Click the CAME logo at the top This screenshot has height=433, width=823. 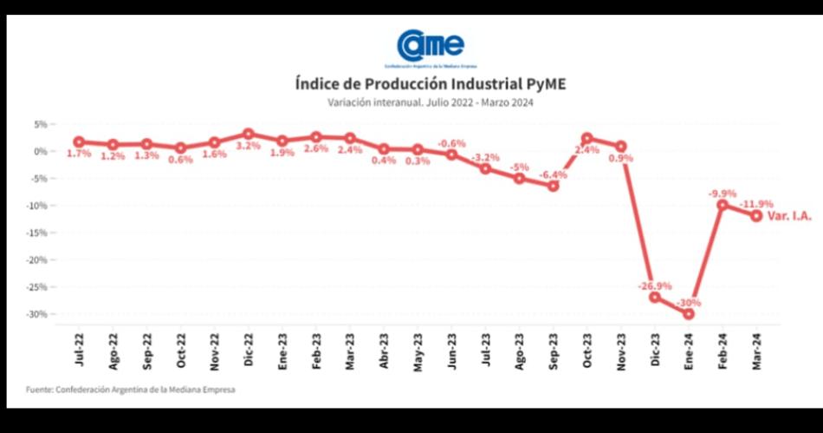[x=431, y=45]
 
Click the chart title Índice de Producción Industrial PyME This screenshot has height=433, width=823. [x=431, y=84]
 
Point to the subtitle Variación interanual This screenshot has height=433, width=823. [x=431, y=102]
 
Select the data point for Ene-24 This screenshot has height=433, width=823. [x=689, y=313]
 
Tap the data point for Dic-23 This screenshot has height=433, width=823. [x=655, y=297]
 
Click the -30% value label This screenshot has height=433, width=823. [x=690, y=302]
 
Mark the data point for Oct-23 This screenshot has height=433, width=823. [x=586, y=138]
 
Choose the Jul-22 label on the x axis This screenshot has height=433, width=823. [x=79, y=350]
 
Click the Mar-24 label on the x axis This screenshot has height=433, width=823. [x=756, y=350]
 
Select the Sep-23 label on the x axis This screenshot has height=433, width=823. [x=553, y=350]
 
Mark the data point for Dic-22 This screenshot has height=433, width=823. [x=249, y=134]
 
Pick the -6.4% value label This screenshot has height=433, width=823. [x=553, y=174]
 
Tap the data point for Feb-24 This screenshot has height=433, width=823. [x=723, y=205]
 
